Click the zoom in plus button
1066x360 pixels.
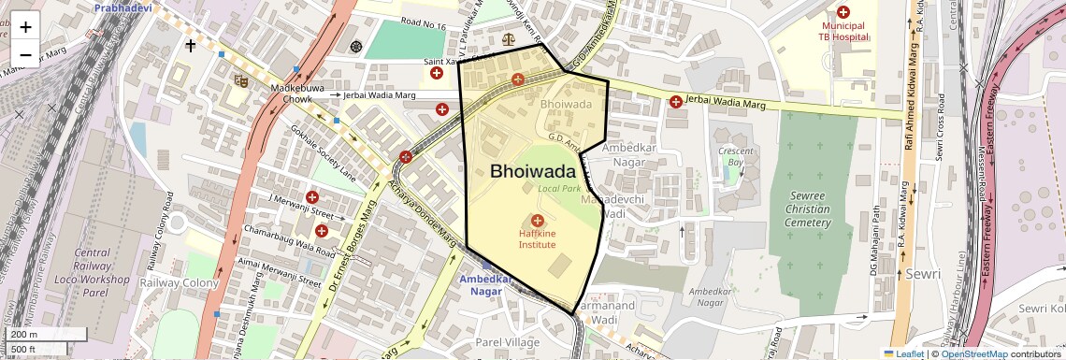click(x=25, y=27)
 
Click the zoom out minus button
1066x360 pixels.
click(x=25, y=54)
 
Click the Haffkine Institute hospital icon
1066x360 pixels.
click(x=538, y=221)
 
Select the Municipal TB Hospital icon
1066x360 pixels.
click(x=843, y=12)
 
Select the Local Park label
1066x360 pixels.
click(x=559, y=189)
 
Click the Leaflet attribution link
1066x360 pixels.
click(x=903, y=353)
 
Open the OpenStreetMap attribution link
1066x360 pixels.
click(x=973, y=353)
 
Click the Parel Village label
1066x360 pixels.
click(x=508, y=342)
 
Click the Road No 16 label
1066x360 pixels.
click(x=423, y=25)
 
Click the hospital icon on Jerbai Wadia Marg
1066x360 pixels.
click(x=676, y=101)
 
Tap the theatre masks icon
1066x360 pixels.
click(x=240, y=80)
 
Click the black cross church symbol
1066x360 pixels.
click(x=191, y=44)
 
